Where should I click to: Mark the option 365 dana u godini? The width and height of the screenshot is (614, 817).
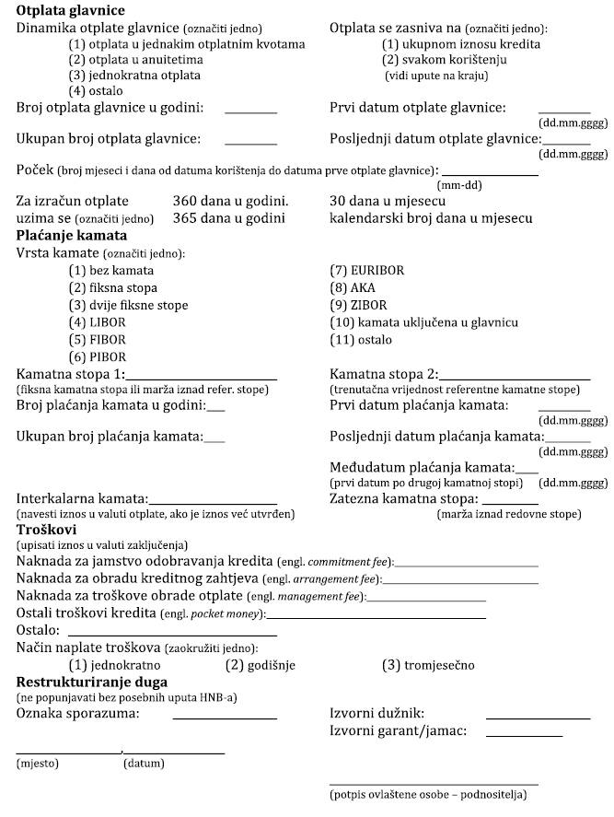[x=229, y=218]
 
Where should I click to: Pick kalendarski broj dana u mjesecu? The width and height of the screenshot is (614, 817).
[x=431, y=218]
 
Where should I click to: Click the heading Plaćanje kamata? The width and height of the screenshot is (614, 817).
[x=72, y=236]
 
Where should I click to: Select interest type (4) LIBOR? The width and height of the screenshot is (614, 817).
[x=97, y=322]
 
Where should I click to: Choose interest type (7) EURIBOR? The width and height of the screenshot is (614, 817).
[x=366, y=271]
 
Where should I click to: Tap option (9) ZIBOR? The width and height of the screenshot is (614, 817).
[x=357, y=305]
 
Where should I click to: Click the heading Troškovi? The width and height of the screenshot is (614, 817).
[x=46, y=531]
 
